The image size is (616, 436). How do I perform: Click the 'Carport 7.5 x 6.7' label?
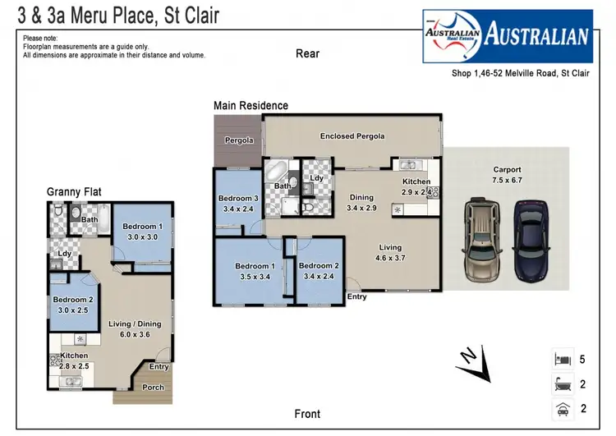(507, 175)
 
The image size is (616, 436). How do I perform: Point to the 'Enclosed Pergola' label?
(352, 136)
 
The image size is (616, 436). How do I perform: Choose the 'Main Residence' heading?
(251, 106)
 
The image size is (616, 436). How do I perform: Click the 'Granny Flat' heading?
(74, 191)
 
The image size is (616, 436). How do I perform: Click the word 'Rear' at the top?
(307, 54)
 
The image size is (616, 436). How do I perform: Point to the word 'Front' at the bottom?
(307, 414)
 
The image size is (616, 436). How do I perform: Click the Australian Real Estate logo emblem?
(451, 35)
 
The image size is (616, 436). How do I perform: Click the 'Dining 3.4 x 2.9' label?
(361, 203)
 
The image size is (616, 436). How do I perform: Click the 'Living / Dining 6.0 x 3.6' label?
(135, 329)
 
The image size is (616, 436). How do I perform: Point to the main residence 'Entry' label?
(357, 296)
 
